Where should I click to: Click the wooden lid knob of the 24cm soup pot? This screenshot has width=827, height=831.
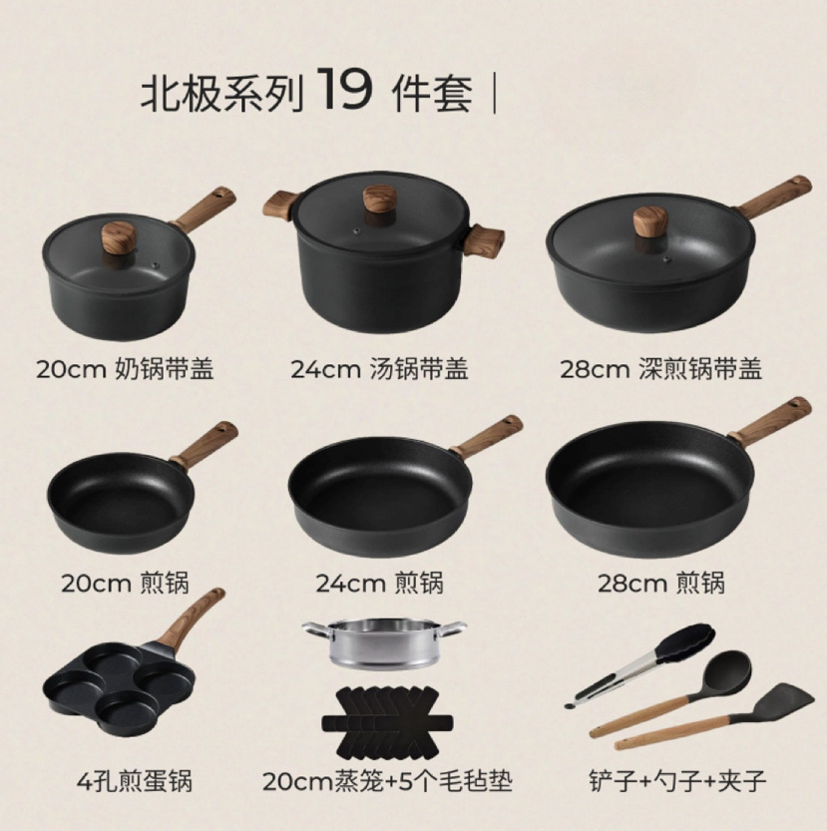[378, 196]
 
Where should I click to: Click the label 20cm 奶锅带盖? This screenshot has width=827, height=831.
[125, 369]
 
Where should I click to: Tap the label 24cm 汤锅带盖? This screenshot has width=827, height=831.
[379, 369]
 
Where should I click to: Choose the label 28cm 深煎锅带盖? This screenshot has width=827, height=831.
[660, 369]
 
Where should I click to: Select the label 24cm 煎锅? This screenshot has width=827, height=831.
[379, 582]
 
